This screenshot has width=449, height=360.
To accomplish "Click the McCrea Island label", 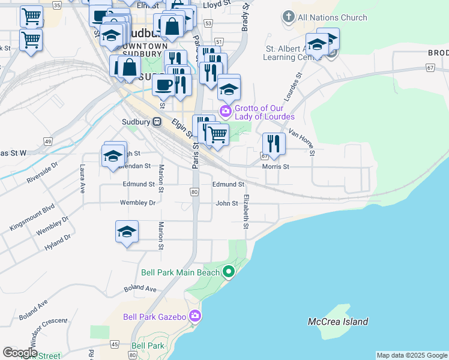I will pyautogui.click(x=338, y=322).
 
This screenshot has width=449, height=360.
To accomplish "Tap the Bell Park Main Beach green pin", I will pyautogui.click(x=228, y=272).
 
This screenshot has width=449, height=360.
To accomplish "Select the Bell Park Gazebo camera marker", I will pyautogui.click(x=194, y=316).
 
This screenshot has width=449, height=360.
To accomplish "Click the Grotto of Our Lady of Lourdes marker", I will pyautogui.click(x=226, y=110).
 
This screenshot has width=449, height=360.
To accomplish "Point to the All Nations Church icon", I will pyautogui.click(x=289, y=17).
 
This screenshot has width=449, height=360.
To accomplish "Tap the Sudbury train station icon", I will pyautogui.click(x=157, y=122).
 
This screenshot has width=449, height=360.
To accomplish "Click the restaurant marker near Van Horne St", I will pyautogui.click(x=273, y=144).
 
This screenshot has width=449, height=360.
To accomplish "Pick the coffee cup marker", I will pyautogui.click(x=163, y=85).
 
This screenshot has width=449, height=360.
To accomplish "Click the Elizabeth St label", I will pyautogui.click(x=246, y=212).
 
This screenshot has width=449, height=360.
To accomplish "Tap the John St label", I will pyautogui.click(x=227, y=203).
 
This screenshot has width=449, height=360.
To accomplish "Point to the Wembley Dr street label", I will pyautogui.click(x=137, y=203).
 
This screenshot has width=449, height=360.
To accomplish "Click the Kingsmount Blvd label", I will pyautogui.click(x=31, y=217).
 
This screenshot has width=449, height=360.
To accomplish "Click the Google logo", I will pyautogui.click(x=20, y=352).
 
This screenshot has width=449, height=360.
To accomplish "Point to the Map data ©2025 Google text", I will pyautogui.click(x=412, y=355).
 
